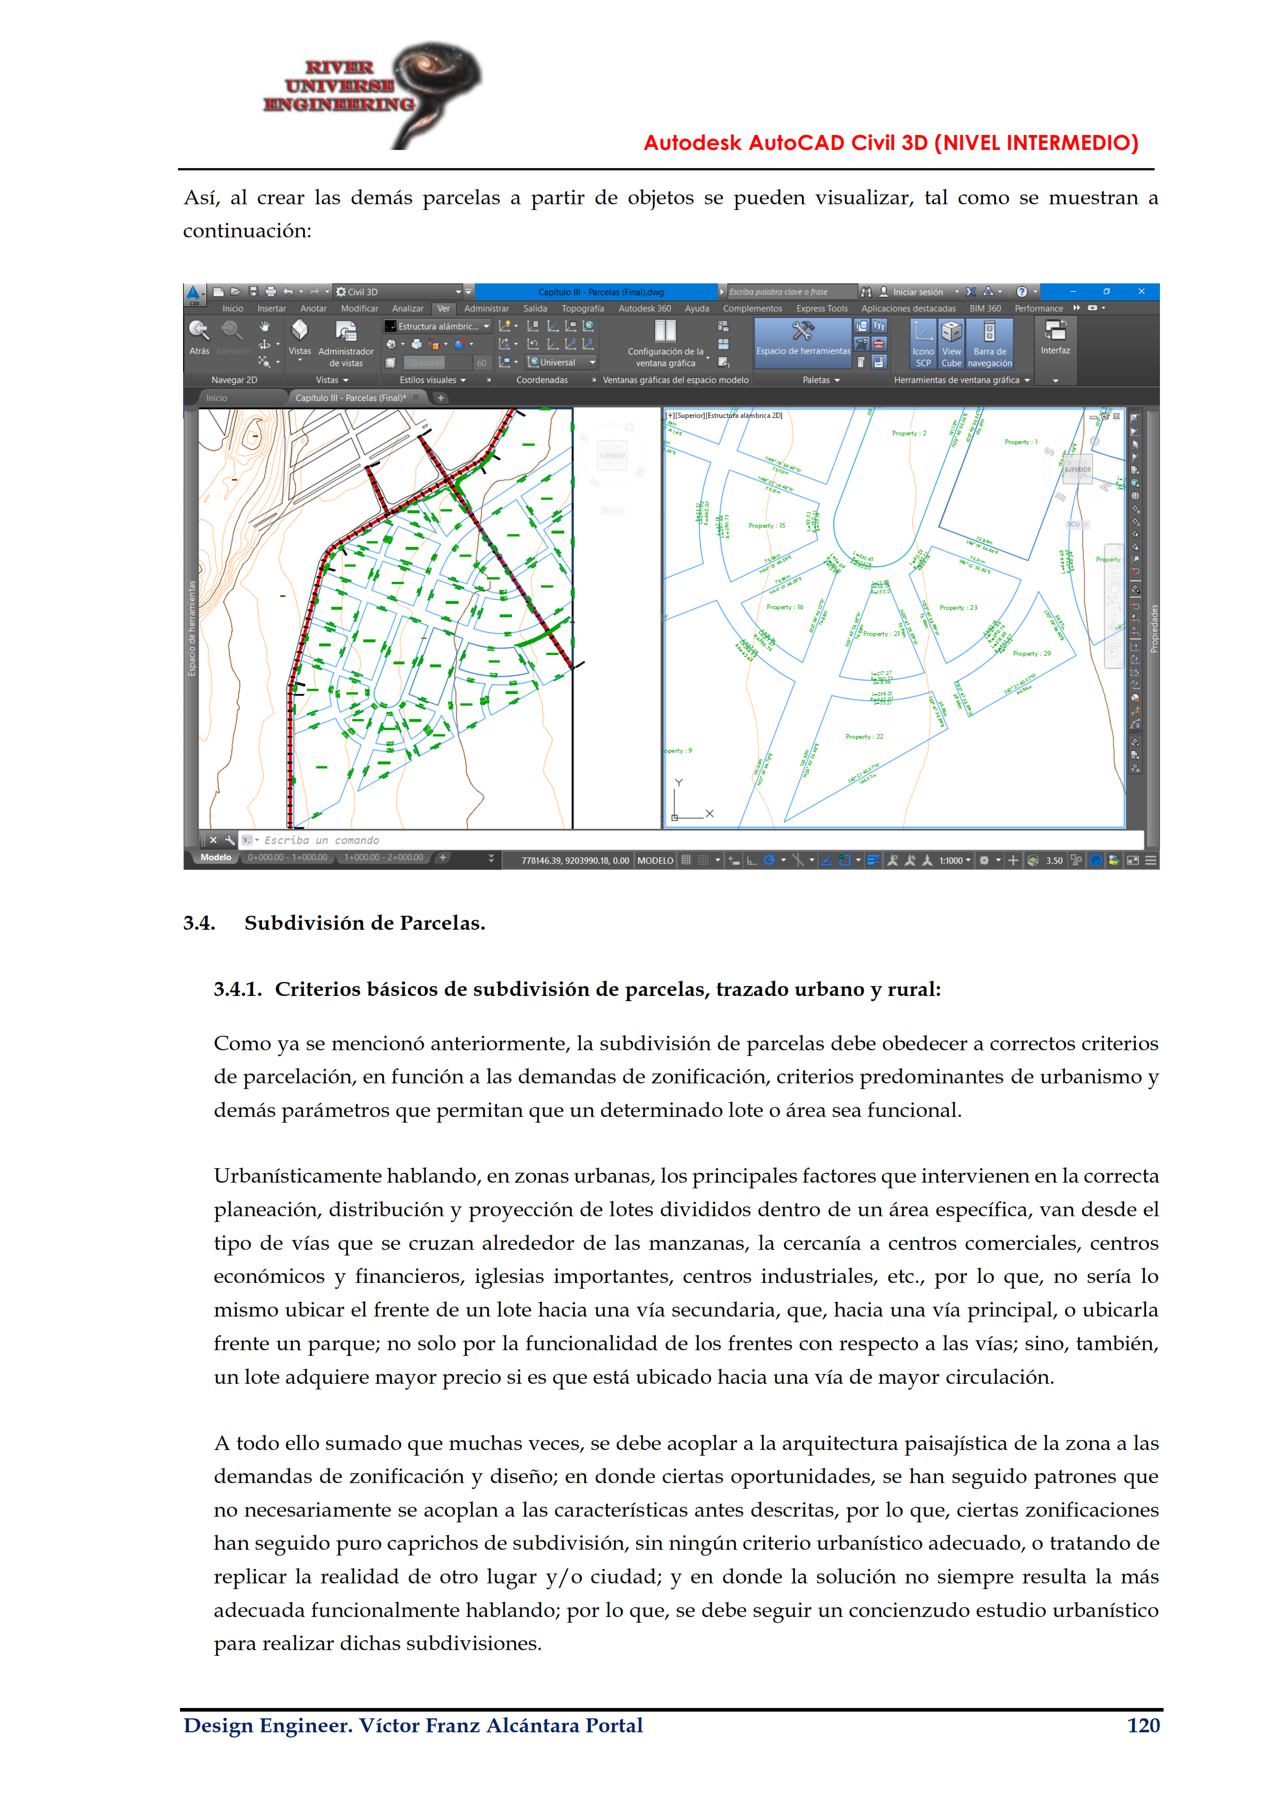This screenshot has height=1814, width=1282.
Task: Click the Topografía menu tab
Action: click(582, 309)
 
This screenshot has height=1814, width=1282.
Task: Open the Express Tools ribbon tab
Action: click(822, 309)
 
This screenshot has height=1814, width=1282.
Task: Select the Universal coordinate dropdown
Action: click(561, 362)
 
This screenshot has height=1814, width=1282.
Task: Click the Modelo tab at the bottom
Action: click(216, 857)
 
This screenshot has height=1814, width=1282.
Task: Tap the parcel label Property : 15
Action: click(766, 525)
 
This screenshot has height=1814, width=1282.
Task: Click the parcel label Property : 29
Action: click(1032, 654)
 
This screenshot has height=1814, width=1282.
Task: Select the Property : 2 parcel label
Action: click(909, 433)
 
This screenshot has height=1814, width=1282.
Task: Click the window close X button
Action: click(1141, 292)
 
